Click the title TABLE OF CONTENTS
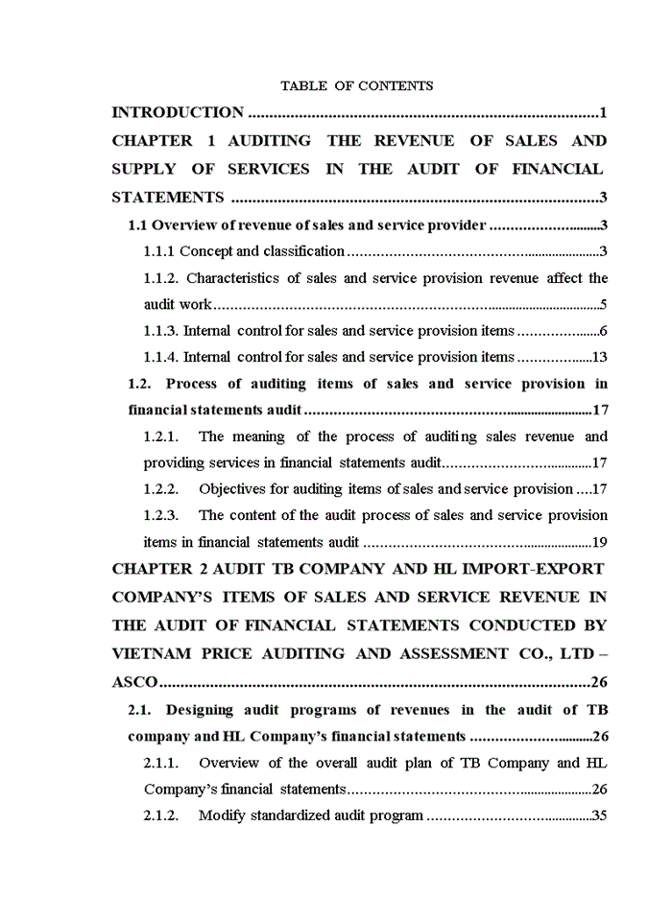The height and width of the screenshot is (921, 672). [x=356, y=85]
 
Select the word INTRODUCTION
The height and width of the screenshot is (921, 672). [x=178, y=113]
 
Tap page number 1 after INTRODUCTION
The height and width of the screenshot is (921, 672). [x=603, y=113]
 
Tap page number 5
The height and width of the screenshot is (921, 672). [x=602, y=305]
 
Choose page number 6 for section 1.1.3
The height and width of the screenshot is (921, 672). [x=603, y=331]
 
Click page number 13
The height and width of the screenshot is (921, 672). [x=600, y=357]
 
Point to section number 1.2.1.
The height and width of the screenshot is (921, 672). [x=160, y=437]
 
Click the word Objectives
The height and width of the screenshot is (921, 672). [x=233, y=488]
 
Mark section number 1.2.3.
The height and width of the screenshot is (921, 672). [x=160, y=515]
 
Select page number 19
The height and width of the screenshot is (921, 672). [x=599, y=541]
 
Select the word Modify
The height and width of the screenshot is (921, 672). [x=222, y=815]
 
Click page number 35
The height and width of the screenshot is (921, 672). [x=599, y=815]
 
